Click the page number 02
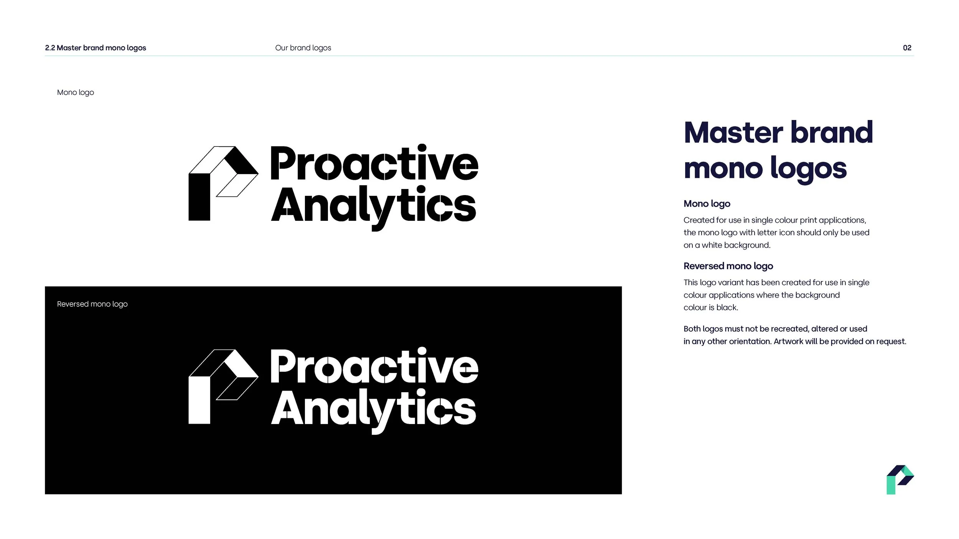tap(907, 48)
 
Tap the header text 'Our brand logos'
tap(303, 48)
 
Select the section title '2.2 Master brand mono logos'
tap(96, 48)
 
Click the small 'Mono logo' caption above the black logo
tap(76, 92)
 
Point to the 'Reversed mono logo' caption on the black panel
tap(92, 304)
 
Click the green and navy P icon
tap(900, 480)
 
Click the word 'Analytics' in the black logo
tap(373, 206)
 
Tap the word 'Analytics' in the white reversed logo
tap(373, 409)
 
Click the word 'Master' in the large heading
tap(733, 133)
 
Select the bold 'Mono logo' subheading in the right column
tap(707, 204)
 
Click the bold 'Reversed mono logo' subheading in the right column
tap(728, 266)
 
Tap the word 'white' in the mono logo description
tap(712, 245)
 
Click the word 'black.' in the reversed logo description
tap(727, 307)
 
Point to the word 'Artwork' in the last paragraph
tap(788, 341)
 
